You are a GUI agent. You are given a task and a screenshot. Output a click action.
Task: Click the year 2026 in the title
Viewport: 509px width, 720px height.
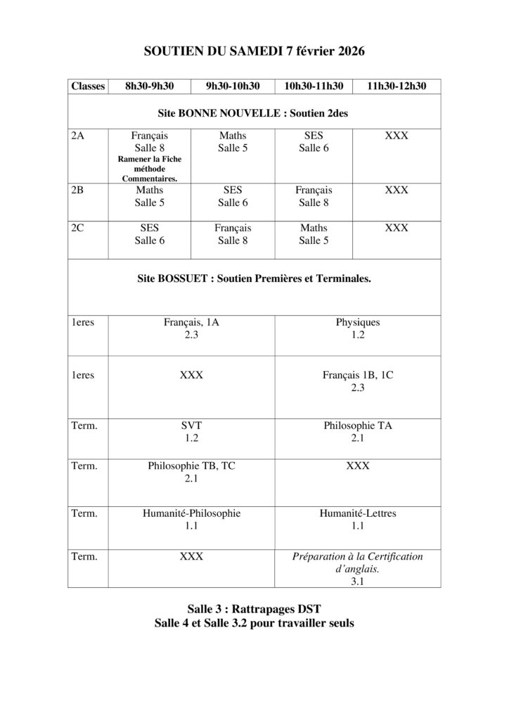coord(347,51)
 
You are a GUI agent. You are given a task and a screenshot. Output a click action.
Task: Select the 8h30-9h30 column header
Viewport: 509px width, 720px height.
coord(149,86)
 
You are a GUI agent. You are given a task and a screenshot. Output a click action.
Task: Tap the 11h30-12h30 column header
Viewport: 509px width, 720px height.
coord(397,86)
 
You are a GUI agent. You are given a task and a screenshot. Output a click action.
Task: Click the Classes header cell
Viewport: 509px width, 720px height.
coord(88,86)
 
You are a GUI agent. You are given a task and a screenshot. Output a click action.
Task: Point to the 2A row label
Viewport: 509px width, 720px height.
coord(77,135)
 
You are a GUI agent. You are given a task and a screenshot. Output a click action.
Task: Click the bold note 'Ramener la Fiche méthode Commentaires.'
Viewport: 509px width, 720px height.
coord(149,169)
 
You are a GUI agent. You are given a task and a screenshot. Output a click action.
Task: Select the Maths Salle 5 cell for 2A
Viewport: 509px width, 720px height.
coord(233,141)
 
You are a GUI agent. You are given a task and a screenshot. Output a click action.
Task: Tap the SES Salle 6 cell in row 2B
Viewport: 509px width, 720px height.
coord(233,196)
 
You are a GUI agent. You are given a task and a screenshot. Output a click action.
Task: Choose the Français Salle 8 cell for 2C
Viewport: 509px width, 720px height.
coord(233,234)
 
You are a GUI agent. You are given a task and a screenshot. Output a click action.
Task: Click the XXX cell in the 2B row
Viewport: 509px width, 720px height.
coord(397,190)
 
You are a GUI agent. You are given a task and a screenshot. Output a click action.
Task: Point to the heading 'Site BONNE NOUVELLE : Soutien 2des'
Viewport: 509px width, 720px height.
coord(254,112)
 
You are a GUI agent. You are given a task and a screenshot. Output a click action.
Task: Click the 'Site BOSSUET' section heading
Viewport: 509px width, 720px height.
coord(254,278)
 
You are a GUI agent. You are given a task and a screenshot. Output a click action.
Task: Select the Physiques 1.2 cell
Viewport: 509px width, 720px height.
coord(357,329)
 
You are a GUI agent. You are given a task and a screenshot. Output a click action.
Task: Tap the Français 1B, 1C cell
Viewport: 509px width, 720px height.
coord(357,381)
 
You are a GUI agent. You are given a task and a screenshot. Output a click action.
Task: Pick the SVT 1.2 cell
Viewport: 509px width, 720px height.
coord(191,432)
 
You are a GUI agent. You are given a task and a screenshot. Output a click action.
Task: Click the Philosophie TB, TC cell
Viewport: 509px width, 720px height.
coord(191,472)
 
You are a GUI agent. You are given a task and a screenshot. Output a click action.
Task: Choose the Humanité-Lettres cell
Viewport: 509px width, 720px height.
coord(357,519)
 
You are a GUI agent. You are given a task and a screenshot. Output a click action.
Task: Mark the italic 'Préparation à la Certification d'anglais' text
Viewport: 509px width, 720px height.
coord(357,562)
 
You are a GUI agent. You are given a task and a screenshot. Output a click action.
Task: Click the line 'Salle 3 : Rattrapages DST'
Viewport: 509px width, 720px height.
coord(254,609)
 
